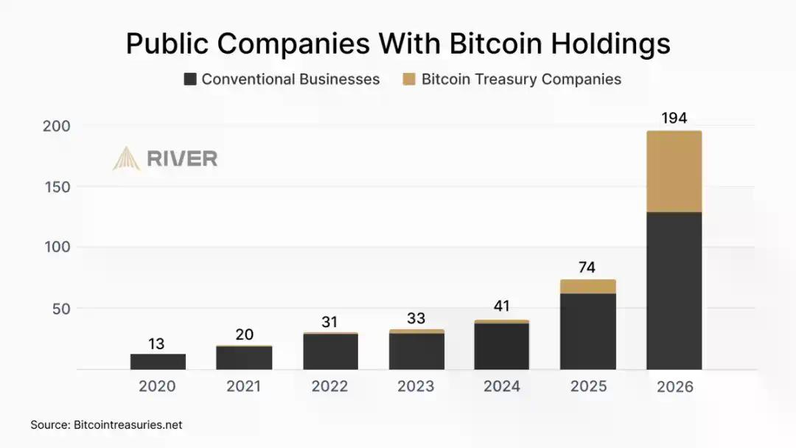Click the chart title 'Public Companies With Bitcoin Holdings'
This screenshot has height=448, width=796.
(x=398, y=43)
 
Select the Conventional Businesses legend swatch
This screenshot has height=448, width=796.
(x=190, y=80)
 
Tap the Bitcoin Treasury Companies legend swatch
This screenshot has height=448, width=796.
(x=409, y=80)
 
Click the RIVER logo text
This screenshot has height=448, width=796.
(x=182, y=158)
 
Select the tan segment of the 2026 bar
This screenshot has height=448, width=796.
(x=674, y=172)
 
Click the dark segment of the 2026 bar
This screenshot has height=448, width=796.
(x=674, y=291)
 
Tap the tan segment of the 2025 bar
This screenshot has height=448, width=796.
(x=587, y=287)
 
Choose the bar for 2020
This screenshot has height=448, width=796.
(x=158, y=362)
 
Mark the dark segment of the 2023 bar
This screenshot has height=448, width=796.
(x=416, y=351)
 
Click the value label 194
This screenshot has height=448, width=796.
(x=674, y=118)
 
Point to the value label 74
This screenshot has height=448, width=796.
(x=587, y=267)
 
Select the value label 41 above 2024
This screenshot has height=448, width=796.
(x=502, y=307)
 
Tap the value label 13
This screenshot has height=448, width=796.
(x=156, y=343)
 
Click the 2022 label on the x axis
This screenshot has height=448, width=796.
(x=329, y=386)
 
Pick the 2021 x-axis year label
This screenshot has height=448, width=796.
(x=243, y=386)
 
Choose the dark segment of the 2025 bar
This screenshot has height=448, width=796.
(x=587, y=332)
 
